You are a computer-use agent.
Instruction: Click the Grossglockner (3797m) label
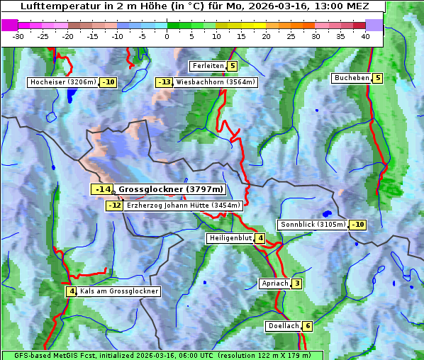click(x=170, y=189)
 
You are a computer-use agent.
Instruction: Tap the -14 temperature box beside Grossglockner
click(x=102, y=189)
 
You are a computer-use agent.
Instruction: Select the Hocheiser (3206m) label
click(x=63, y=82)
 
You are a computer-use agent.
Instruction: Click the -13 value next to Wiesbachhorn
click(x=164, y=82)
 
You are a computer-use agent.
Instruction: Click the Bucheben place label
click(x=352, y=77)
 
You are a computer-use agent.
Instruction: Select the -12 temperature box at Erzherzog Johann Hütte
click(x=114, y=206)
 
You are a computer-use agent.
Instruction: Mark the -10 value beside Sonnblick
click(x=358, y=225)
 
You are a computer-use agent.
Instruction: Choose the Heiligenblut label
click(x=230, y=238)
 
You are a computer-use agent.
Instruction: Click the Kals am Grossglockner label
click(x=118, y=291)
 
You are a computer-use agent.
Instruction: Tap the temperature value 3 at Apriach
click(x=297, y=283)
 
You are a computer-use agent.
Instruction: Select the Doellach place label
click(x=283, y=326)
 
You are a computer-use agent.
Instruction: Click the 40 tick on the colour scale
click(x=365, y=36)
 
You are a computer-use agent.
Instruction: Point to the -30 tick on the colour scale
click(x=18, y=36)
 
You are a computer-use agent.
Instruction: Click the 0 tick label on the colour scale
click(x=167, y=36)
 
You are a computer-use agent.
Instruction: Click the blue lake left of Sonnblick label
click(x=326, y=213)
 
